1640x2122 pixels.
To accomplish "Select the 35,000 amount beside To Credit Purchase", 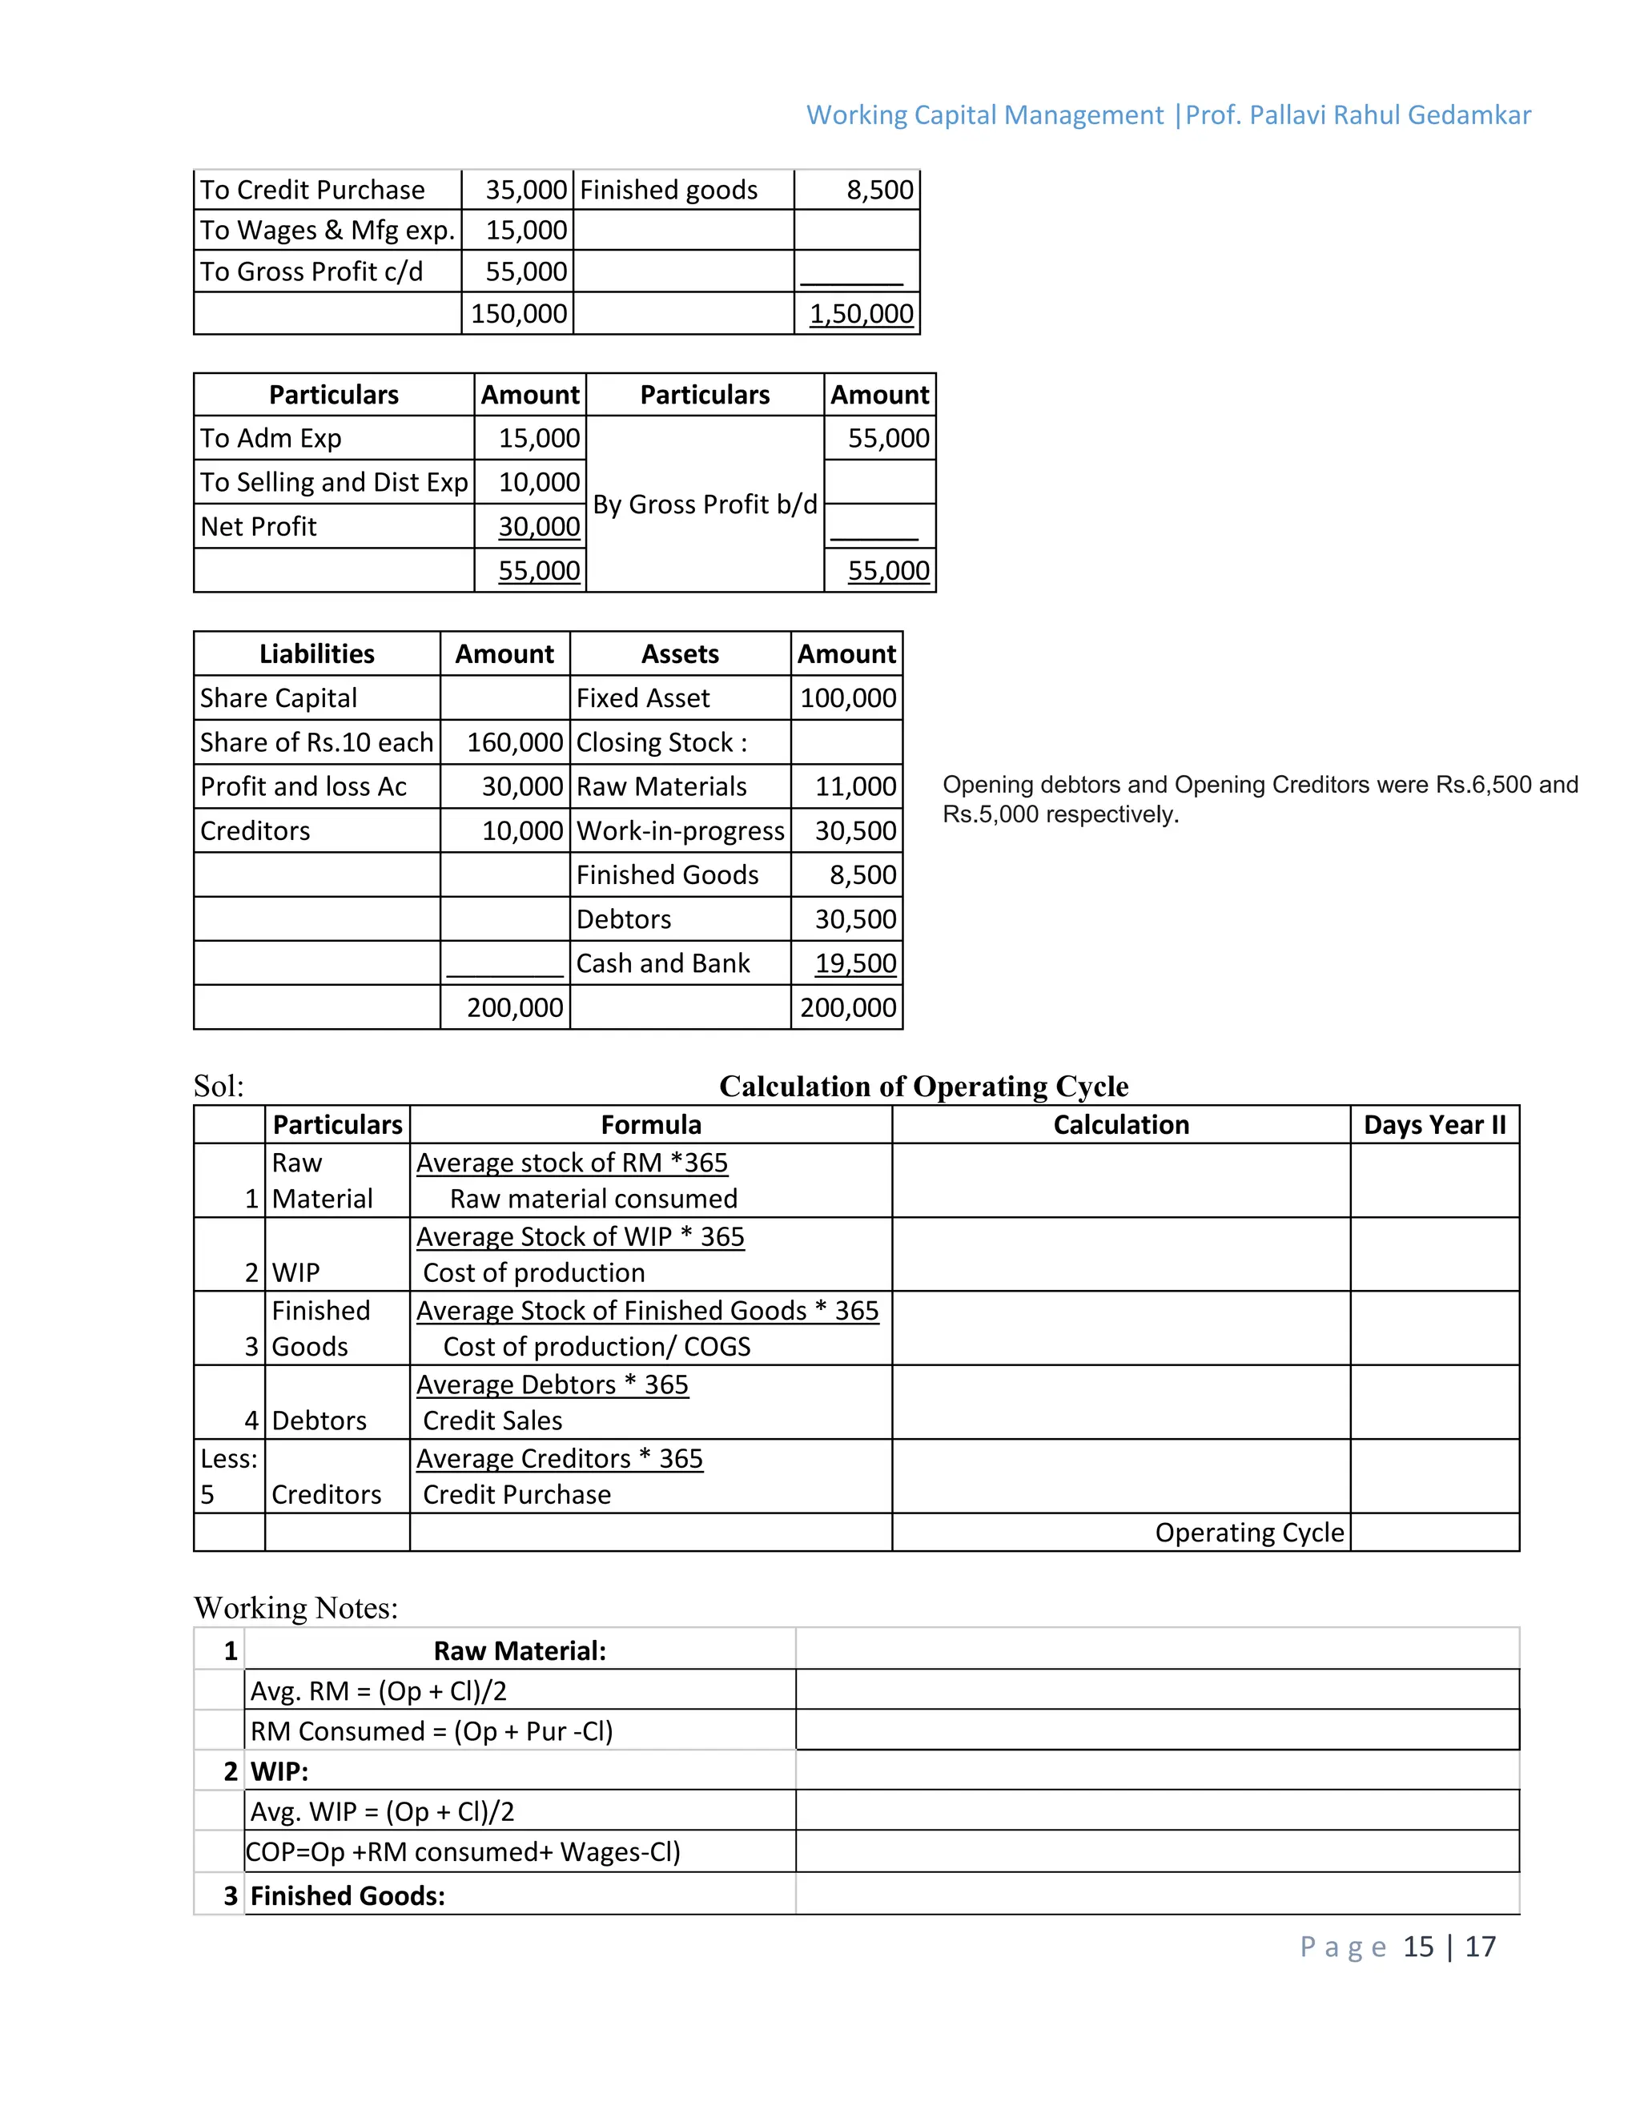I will [525, 190].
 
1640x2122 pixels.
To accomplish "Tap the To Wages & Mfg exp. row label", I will [328, 231].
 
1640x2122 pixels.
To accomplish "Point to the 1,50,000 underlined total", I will [861, 314].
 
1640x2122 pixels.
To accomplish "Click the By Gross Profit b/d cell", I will [705, 504].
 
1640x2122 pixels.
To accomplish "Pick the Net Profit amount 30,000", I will [538, 527].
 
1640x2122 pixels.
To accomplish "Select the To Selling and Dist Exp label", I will [333, 482].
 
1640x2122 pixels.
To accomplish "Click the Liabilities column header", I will [317, 654].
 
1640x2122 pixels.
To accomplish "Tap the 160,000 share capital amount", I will [514, 742].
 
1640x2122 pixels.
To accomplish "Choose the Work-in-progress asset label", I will [680, 830].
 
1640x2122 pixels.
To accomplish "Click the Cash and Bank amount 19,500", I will [855, 963].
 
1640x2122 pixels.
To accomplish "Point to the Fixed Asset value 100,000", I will [847, 697].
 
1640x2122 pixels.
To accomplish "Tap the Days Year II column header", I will [1434, 1124].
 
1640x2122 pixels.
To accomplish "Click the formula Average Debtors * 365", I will [552, 1385].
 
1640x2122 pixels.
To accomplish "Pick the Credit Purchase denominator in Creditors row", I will [517, 1494].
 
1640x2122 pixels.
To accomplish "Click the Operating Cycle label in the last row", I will [1248, 1532].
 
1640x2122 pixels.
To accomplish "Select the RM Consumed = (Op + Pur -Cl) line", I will [432, 1731].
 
